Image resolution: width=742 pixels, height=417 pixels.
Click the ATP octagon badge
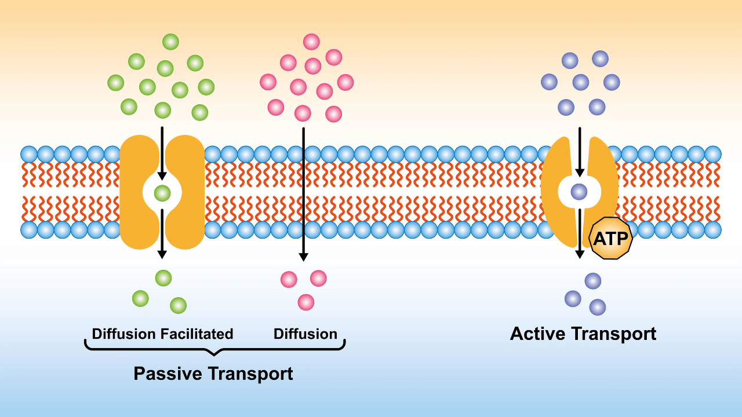[611, 238]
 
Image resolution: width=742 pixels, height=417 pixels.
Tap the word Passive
[168, 374]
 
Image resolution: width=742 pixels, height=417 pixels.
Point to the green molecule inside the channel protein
[162, 193]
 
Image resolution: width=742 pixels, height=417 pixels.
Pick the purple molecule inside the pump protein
[579, 192]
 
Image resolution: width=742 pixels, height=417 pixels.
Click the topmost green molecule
[170, 42]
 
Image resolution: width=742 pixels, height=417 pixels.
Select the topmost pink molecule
[311, 42]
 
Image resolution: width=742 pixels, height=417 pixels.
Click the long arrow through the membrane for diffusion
[303, 194]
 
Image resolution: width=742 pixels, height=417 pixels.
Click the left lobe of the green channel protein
[139, 192]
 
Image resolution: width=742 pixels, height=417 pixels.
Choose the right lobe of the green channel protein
[185, 192]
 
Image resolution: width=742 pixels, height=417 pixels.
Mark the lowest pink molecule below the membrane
[305, 302]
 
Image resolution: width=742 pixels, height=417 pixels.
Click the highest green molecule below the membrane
[163, 277]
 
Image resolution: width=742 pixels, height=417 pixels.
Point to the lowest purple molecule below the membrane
[598, 307]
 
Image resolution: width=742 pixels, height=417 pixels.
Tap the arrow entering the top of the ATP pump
[580, 152]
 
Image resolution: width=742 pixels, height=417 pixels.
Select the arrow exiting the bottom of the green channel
[162, 233]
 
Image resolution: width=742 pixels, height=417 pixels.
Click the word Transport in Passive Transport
[251, 374]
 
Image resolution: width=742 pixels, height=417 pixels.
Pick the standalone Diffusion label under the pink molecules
[305, 334]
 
